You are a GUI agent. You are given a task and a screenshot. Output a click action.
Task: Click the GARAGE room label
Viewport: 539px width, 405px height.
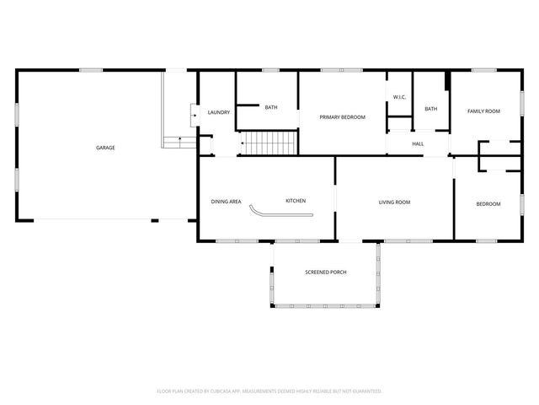pyautogui.click(x=105, y=148)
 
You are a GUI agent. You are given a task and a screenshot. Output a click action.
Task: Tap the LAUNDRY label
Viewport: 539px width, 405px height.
pyautogui.click(x=219, y=112)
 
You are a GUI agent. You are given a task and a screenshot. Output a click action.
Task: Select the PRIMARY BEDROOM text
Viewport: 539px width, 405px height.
pyautogui.click(x=342, y=116)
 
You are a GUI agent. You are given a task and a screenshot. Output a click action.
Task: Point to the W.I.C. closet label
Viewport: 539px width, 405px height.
pyautogui.click(x=399, y=97)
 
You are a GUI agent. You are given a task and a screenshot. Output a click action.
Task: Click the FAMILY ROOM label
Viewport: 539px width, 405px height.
pyautogui.click(x=484, y=111)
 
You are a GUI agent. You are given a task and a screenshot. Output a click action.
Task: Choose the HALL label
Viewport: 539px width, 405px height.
pyautogui.click(x=418, y=143)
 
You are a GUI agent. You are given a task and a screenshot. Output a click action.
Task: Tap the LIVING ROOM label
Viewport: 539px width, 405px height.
pyautogui.click(x=394, y=202)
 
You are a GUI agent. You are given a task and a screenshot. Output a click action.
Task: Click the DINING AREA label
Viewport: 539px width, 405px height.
pyautogui.click(x=226, y=201)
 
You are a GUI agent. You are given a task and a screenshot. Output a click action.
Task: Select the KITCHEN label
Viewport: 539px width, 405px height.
pyautogui.click(x=296, y=201)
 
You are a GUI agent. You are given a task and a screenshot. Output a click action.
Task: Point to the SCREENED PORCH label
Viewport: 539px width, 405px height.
pyautogui.click(x=326, y=272)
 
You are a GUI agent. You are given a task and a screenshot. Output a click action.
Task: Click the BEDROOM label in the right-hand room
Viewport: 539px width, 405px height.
pyautogui.click(x=488, y=204)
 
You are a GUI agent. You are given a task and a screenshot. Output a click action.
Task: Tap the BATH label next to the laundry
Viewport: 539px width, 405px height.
pyautogui.click(x=271, y=107)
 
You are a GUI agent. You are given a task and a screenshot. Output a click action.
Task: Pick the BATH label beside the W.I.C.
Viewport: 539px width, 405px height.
pyautogui.click(x=431, y=109)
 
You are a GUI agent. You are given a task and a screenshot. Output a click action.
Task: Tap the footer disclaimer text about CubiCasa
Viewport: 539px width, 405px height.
pyautogui.click(x=269, y=391)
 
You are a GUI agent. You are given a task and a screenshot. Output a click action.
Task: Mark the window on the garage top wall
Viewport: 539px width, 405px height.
pyautogui.click(x=91, y=70)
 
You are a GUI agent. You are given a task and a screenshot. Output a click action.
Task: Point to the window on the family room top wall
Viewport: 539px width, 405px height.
pyautogui.click(x=483, y=70)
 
